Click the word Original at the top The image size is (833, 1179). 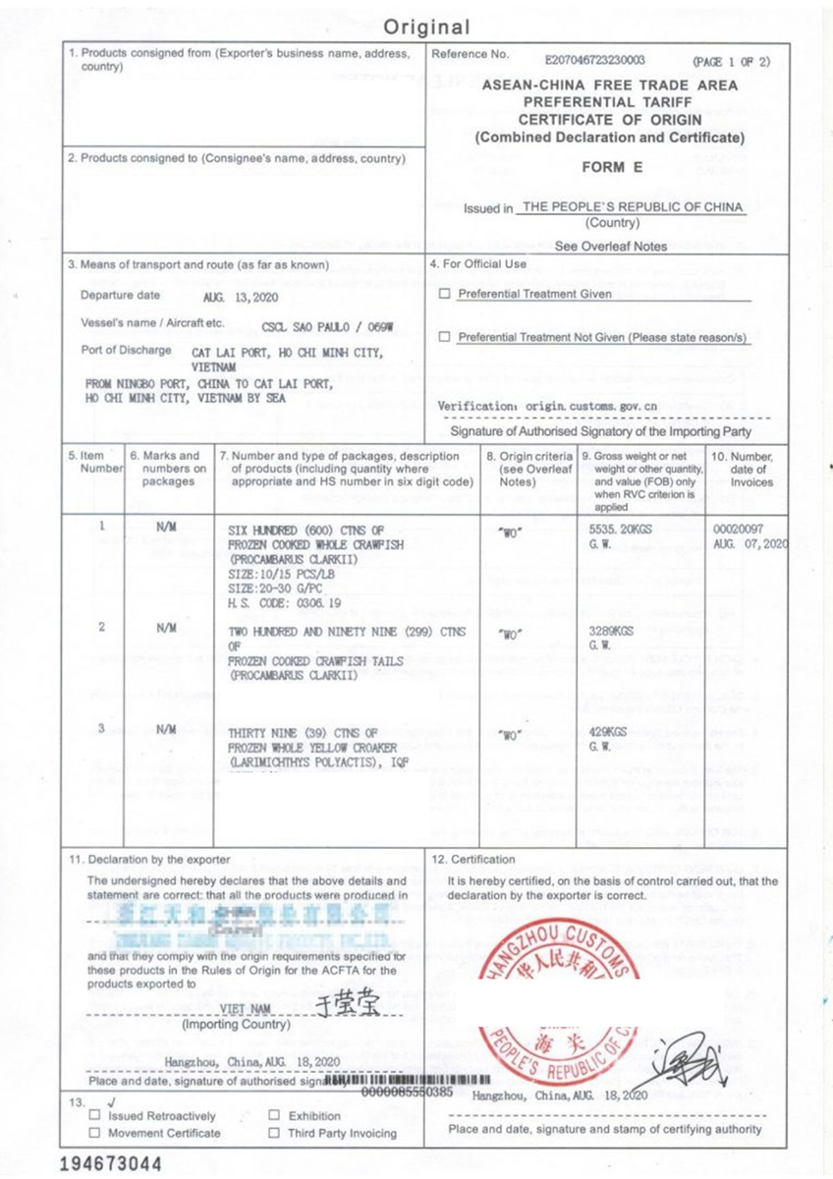coord(425,28)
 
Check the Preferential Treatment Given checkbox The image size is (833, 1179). coord(445,294)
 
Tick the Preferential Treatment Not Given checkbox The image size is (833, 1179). coord(445,337)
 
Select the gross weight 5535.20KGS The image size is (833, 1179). coord(618,528)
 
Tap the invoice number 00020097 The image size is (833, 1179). coord(738,528)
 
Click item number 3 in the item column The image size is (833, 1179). coord(101,728)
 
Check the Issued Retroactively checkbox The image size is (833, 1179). coord(94,1116)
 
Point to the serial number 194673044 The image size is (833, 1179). coord(110,1164)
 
